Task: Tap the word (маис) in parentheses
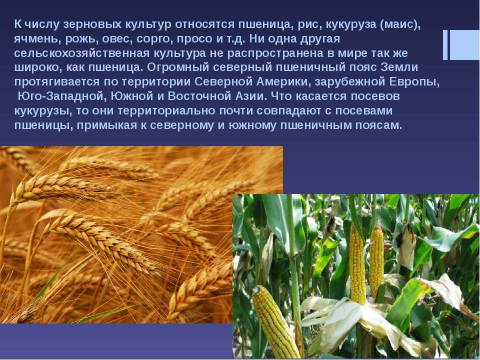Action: (400, 24)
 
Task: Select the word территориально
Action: (166, 110)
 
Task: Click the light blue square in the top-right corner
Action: (464, 44)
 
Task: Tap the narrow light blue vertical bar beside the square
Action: (445, 44)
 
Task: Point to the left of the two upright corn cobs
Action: (357, 264)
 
